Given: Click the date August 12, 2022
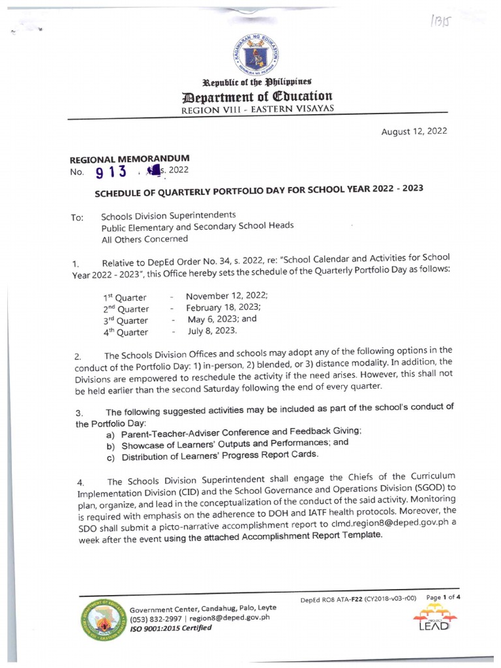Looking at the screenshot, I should pyautogui.click(x=414, y=131).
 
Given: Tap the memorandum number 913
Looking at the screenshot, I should pyautogui.click(x=109, y=173).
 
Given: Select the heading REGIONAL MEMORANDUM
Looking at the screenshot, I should pyautogui.click(x=129, y=159).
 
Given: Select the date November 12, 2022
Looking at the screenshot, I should pyautogui.click(x=226, y=295).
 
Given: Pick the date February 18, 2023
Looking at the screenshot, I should pyautogui.click(x=223, y=307).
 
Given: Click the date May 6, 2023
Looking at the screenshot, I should pyautogui.click(x=222, y=320).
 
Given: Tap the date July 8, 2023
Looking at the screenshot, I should pyautogui.click(x=212, y=331).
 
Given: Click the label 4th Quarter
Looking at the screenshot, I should pyautogui.click(x=125, y=332).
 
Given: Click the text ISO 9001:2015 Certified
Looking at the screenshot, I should pyautogui.click(x=170, y=628).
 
